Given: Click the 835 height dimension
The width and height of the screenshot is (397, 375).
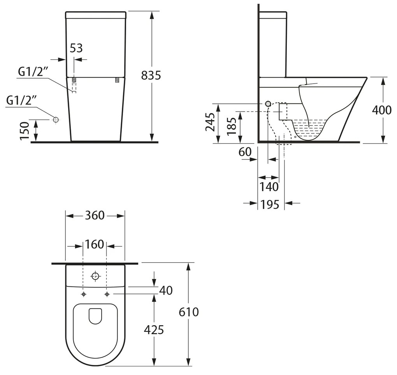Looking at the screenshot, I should tap(151, 75).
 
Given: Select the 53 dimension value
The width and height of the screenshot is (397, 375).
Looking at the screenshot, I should tap(76, 48).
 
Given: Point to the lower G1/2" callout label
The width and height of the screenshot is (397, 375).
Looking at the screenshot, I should tap(21, 100).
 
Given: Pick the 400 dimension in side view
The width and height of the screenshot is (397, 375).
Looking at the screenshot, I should tap(381, 110).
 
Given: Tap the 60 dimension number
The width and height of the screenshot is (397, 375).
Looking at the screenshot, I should tap(245, 152).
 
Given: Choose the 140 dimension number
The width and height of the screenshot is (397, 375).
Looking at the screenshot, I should tap(269, 187).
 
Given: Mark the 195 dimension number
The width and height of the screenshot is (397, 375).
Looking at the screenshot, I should tap(270, 204).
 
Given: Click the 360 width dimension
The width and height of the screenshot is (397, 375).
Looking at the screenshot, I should tap(95, 215).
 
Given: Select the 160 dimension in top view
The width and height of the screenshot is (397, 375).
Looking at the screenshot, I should tap(95, 244).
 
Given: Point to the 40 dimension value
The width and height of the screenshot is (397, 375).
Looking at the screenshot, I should tap(166, 290).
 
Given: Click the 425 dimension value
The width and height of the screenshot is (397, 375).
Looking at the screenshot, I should tap(154, 330).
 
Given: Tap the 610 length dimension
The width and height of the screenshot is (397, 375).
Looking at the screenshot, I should tap(189, 312).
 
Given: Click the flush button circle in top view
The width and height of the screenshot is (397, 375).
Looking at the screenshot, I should tap(95, 277).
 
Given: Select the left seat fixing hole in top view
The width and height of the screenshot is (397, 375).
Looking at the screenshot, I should tap(83, 294).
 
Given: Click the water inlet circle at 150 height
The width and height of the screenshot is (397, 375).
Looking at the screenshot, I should tap(56, 120).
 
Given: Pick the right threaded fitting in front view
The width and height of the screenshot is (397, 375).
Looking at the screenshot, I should tap(116, 80).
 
